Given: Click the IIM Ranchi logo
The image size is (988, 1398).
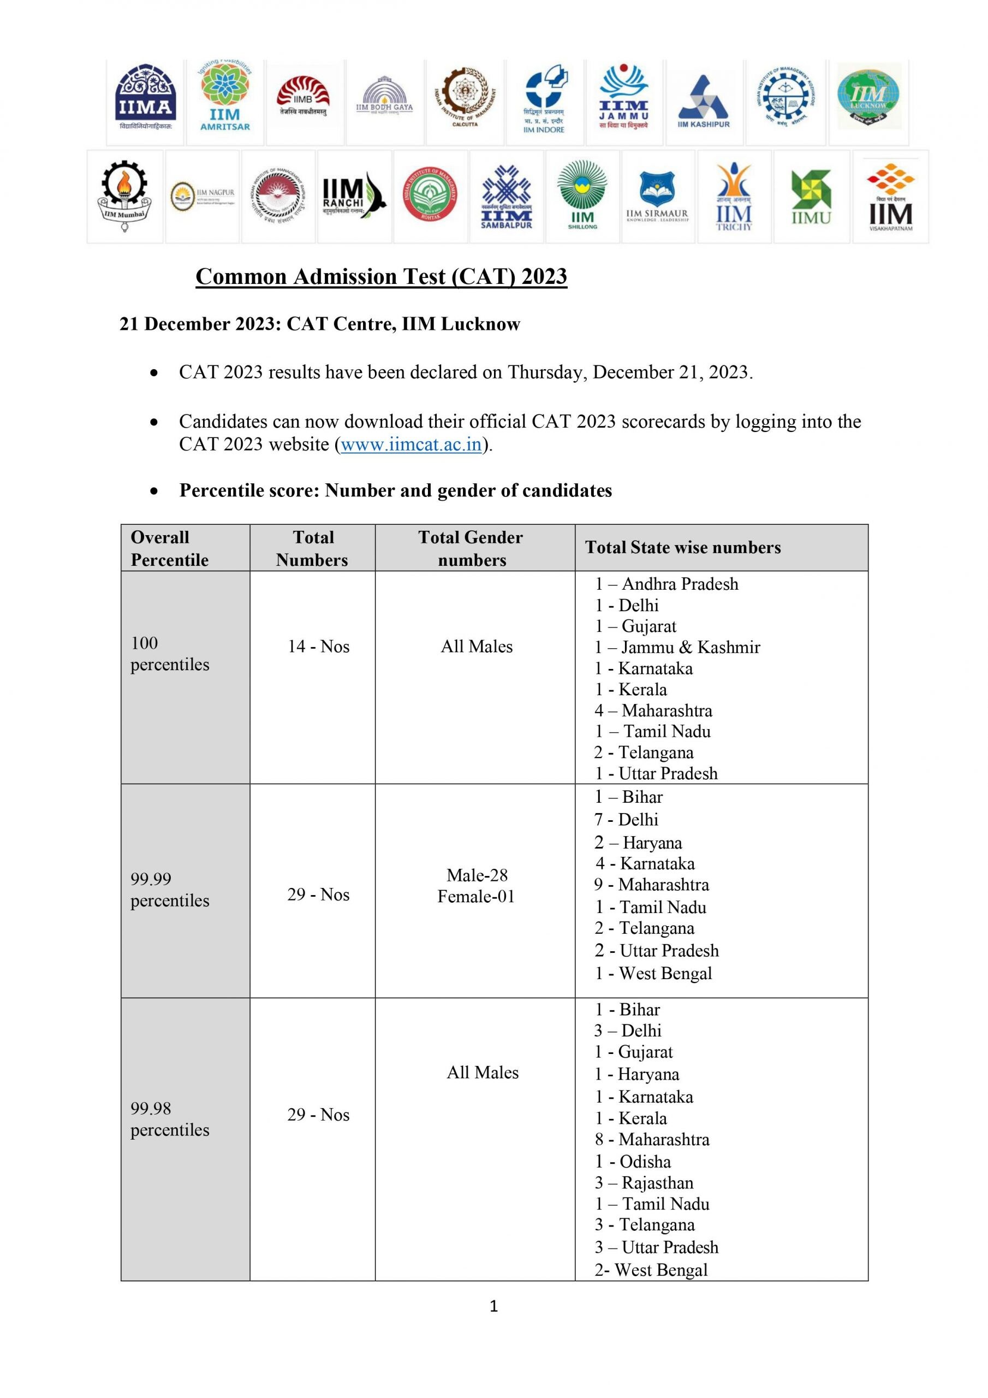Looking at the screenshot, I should [354, 196].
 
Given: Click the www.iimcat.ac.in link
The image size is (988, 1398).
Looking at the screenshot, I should [411, 445].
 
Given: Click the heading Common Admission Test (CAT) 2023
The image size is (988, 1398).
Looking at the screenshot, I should [381, 276].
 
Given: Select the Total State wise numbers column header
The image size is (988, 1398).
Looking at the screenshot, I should [682, 547].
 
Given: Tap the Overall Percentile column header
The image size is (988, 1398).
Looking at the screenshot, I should [169, 548].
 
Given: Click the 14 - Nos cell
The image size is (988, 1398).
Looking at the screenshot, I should [318, 647].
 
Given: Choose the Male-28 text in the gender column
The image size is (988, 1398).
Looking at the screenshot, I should [477, 875].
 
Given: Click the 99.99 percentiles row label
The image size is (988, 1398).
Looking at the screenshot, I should [169, 890].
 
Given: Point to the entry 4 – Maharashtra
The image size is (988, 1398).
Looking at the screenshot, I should [653, 710].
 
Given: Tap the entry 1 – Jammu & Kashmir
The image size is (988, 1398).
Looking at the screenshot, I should [677, 647].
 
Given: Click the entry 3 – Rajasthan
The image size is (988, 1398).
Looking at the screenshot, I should [644, 1182].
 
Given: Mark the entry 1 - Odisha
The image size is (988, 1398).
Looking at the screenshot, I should [633, 1161].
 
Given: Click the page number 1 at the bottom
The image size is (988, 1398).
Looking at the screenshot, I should [493, 1306].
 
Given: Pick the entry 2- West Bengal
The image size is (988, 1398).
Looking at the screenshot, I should [651, 1270].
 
